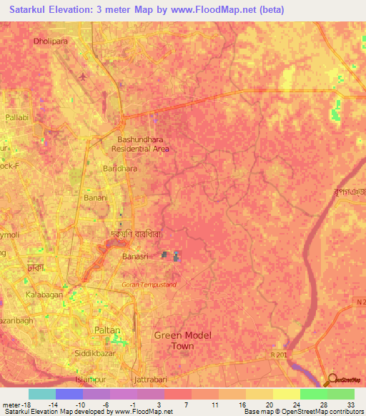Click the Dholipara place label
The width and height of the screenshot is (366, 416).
(50, 41)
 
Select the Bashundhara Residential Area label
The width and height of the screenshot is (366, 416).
(140, 144)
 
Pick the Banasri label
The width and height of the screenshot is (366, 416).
(135, 256)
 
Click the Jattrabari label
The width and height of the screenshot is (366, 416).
(150, 382)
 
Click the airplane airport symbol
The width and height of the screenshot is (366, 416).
(84, 76)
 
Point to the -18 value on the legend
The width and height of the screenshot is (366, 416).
(24, 404)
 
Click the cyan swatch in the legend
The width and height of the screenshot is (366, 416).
(41, 394)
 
